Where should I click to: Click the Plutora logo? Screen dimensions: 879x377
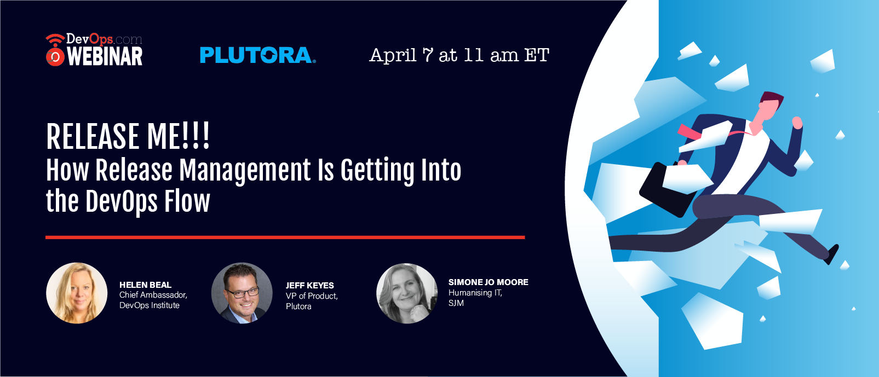258,55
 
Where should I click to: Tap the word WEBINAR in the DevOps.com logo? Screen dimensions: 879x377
105,56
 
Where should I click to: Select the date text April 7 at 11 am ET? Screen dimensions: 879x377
459,55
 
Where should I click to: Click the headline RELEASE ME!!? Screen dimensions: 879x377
128,136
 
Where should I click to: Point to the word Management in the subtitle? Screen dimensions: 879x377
245,171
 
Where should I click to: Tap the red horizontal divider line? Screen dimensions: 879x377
285,237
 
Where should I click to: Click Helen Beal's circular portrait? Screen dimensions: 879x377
77,293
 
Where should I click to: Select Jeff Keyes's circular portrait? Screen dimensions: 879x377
242,293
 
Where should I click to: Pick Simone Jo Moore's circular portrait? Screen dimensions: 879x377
407,293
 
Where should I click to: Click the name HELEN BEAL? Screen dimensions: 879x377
145,285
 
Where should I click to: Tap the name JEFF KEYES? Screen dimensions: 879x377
309,285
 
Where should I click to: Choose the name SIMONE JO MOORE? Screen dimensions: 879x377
488,282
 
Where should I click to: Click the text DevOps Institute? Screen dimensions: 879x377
149,305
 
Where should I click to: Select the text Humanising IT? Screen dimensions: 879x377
475,293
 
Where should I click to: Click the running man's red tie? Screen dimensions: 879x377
689,132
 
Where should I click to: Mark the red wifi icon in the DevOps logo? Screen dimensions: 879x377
55,50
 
